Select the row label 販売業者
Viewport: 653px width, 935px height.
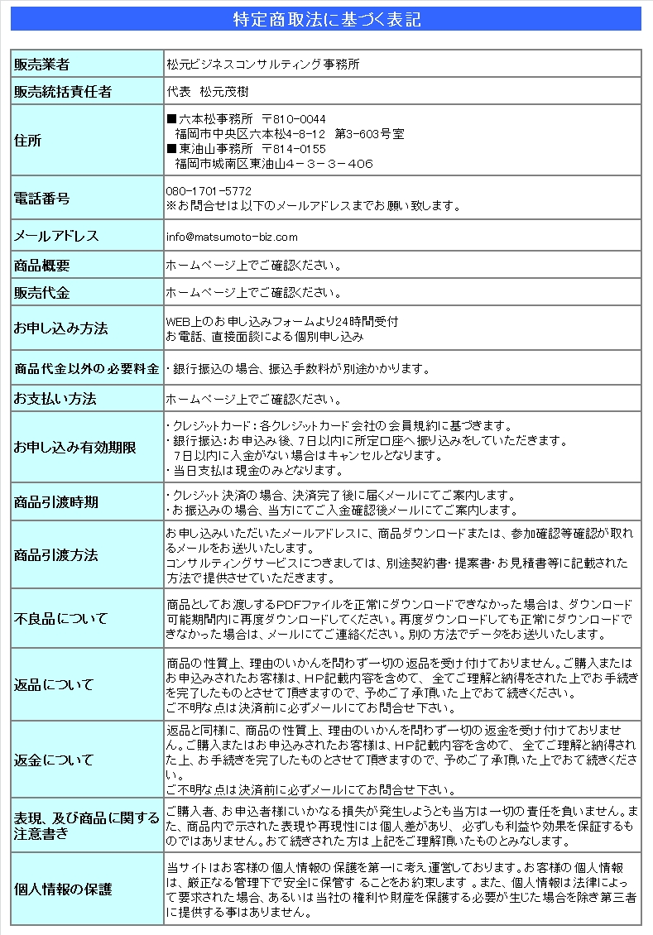(41, 65)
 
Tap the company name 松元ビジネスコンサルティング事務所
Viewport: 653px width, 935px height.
(262, 64)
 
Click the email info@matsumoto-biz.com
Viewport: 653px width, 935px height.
(232, 237)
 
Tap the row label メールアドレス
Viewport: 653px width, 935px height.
(55, 237)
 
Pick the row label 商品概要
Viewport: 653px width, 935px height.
(41, 266)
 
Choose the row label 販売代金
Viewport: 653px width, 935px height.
(41, 293)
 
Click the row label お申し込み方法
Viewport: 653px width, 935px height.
(60, 328)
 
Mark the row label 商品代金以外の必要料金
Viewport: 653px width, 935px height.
(87, 369)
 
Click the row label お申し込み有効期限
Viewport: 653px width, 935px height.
(74, 448)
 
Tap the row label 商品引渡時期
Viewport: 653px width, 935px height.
(55, 502)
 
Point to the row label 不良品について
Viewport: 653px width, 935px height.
(60, 619)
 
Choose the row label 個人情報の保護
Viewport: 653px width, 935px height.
(62, 889)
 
